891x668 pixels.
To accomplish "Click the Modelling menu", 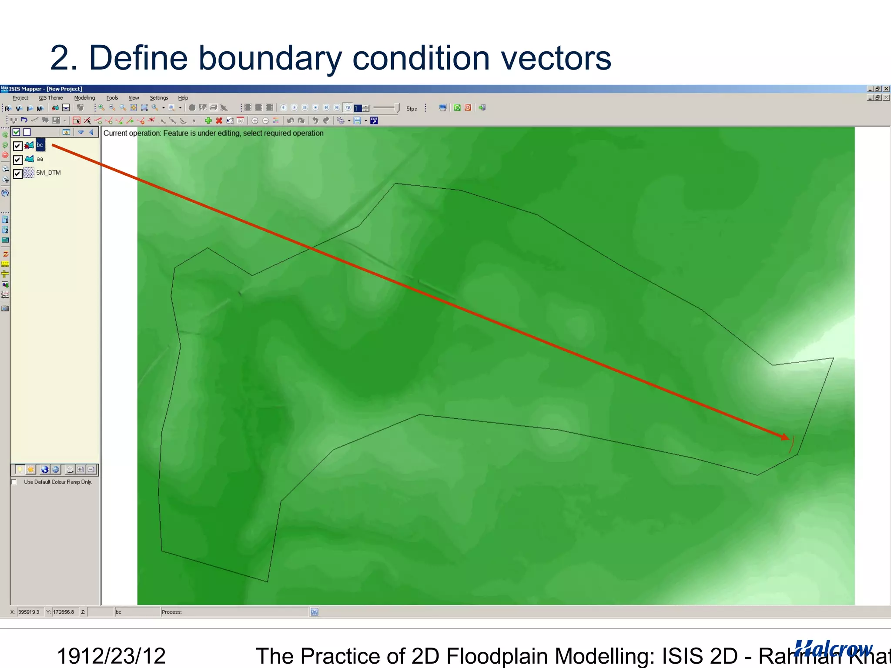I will coord(84,98).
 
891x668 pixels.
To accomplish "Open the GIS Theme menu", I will coord(50,98).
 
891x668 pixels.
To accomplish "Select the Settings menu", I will coord(159,98).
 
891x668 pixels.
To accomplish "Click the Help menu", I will coord(183,98).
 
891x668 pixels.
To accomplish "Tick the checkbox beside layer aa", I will coord(17,160).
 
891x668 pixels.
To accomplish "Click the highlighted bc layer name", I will coord(40,145).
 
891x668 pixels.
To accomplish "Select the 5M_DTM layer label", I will coord(48,173).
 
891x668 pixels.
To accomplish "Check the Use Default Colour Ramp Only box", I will coord(14,482).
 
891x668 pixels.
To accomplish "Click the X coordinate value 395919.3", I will coord(29,612).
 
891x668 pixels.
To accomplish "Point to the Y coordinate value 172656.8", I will coord(64,612).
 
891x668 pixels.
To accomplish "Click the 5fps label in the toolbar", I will coord(412,109).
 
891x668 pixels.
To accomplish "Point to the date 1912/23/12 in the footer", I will coord(111,655).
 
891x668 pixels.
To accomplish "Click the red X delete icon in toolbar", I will coord(219,121).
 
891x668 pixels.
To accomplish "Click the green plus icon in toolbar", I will coord(208,121).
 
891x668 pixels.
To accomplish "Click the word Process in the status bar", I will coord(171,612).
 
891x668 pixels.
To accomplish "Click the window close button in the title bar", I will coord(886,89).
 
